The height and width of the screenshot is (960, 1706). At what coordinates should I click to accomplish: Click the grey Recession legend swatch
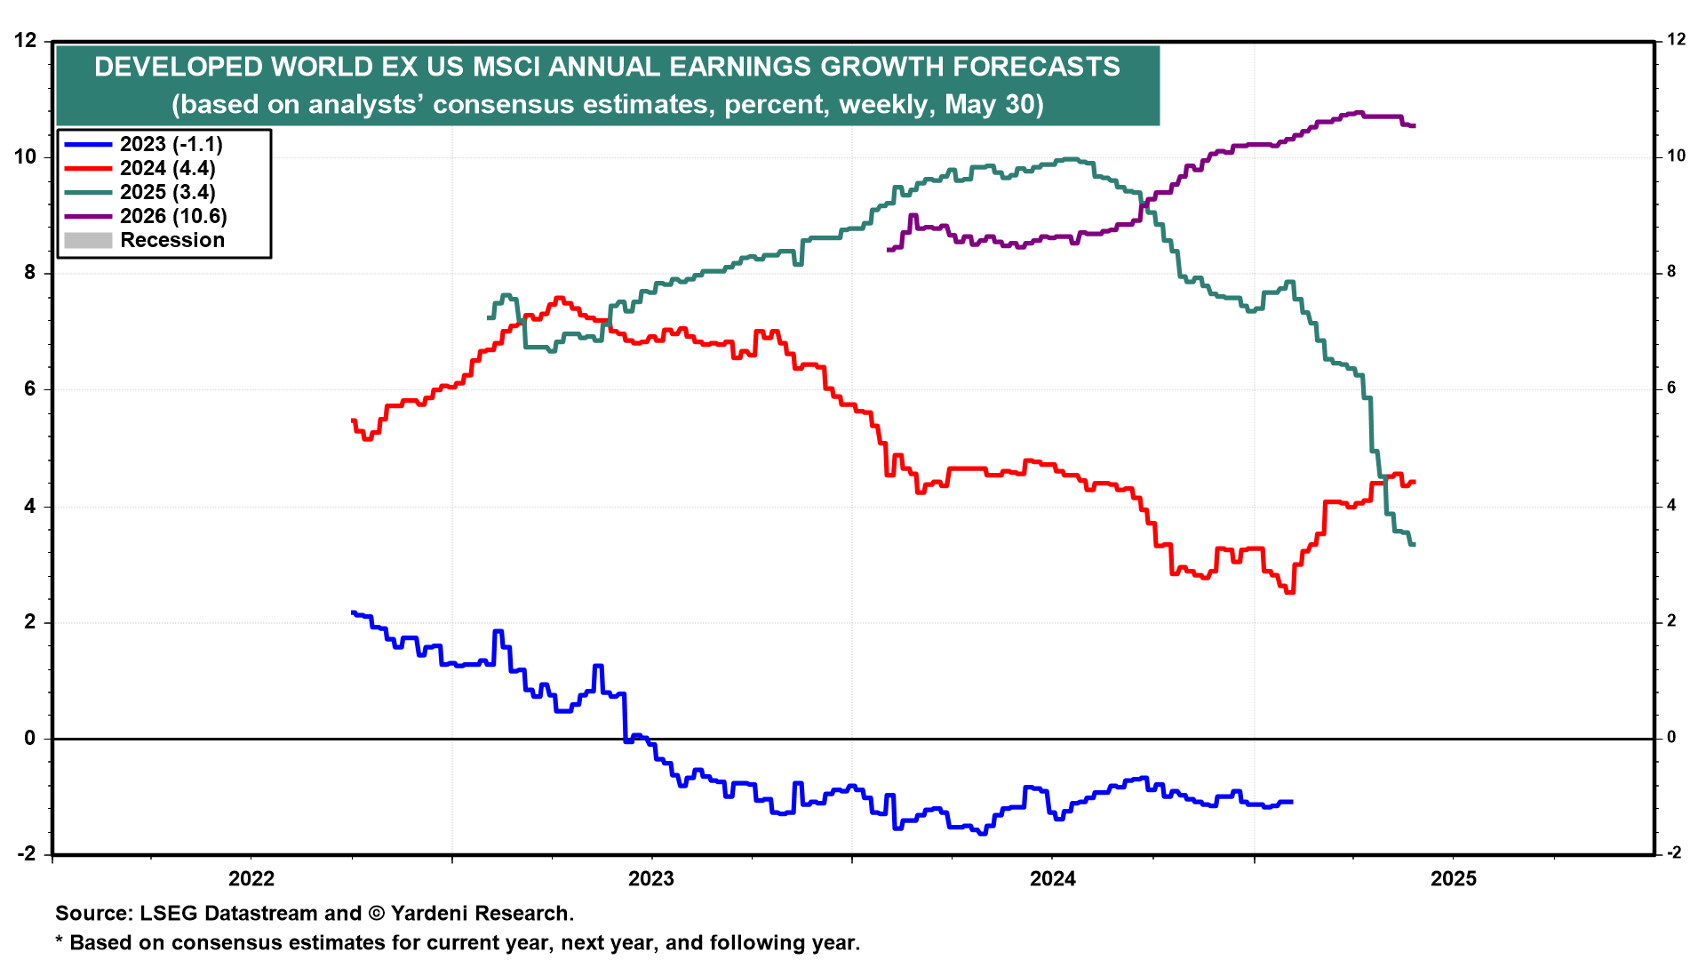88,240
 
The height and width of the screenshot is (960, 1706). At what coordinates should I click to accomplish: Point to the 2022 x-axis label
251,879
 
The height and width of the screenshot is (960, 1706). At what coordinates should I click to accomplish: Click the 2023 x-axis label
651,879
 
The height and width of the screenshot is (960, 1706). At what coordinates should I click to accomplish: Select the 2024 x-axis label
1052,879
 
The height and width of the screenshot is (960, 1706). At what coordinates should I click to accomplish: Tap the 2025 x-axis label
1454,879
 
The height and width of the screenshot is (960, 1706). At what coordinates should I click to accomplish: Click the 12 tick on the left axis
26,40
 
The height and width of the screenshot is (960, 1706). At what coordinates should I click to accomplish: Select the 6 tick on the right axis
1676,388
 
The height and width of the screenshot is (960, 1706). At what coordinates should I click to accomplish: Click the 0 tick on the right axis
1671,738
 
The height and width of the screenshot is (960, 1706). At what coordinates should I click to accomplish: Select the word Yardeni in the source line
430,913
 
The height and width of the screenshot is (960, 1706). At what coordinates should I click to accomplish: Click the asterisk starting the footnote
60,940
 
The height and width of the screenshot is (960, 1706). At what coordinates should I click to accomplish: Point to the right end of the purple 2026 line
1414,126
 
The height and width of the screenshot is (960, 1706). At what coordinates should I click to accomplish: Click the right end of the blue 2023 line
1291,802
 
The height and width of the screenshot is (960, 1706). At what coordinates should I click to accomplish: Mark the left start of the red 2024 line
354,420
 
